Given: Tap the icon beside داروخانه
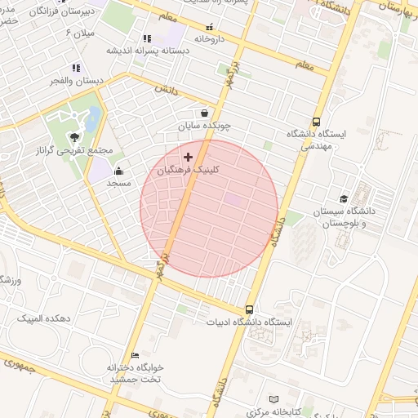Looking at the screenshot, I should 210,27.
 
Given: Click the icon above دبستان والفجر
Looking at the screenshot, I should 76,68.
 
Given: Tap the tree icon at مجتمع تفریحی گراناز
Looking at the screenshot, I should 74,136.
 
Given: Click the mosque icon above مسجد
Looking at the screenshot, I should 119,171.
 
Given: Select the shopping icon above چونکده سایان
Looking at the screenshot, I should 203,113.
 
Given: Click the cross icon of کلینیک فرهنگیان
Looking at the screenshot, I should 189,156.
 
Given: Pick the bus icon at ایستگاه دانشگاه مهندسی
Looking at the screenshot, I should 316,120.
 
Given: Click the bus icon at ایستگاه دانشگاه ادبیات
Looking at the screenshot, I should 249,310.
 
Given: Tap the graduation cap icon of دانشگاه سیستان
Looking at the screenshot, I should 344,198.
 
